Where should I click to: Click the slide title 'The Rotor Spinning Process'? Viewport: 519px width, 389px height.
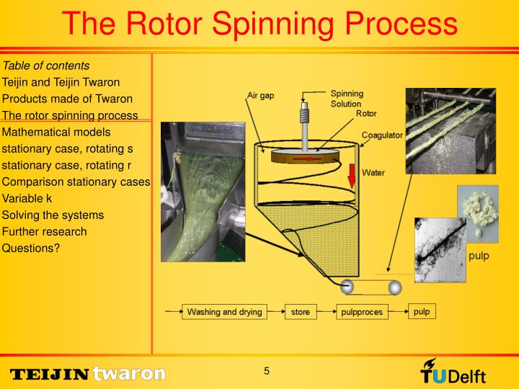click(259, 23)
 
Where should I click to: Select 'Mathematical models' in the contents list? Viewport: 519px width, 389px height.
click(56, 132)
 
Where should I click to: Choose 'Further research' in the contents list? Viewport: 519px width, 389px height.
click(45, 231)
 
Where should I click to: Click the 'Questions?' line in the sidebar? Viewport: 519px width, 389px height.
click(31, 248)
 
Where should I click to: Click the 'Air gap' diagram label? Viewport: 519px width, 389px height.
click(260, 96)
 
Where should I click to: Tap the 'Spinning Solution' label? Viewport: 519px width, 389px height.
click(347, 99)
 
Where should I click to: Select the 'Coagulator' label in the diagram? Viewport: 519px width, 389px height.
click(382, 135)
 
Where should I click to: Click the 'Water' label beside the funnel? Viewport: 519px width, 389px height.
click(373, 172)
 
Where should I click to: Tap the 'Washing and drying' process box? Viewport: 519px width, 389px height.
click(225, 312)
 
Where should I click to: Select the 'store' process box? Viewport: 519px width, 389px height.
click(300, 312)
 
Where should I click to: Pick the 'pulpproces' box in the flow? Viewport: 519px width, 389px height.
click(362, 312)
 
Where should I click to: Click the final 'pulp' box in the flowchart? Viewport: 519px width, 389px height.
click(422, 311)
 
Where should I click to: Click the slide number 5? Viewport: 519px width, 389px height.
click(266, 371)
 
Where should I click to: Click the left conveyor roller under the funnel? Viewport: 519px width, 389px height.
click(347, 287)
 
